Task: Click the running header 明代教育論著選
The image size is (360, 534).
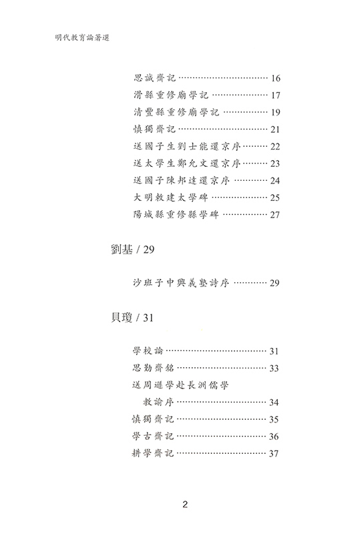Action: (x=81, y=38)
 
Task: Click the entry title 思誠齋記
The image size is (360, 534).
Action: (x=155, y=78)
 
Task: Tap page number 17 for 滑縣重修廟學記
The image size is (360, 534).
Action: (x=275, y=95)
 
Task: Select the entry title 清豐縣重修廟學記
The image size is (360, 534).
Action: (x=176, y=112)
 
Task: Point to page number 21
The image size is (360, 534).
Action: (x=275, y=129)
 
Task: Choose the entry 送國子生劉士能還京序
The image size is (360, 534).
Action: (x=187, y=146)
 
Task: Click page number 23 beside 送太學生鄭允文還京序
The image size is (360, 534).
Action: (x=275, y=164)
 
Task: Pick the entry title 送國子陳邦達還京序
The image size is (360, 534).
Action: (x=182, y=180)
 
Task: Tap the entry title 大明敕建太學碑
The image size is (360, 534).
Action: (x=171, y=198)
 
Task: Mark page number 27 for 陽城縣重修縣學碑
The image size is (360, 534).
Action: (x=275, y=215)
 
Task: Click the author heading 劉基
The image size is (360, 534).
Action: (x=122, y=250)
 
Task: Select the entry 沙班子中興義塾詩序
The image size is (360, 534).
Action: (x=181, y=282)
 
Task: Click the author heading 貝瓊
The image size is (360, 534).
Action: (x=122, y=318)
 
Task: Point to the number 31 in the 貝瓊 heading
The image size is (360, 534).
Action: (x=148, y=318)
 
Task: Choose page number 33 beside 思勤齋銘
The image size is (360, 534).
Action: (x=274, y=368)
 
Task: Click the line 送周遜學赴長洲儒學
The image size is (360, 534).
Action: (x=180, y=385)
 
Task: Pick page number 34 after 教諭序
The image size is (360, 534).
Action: (x=274, y=403)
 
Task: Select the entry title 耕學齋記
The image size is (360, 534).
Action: (x=153, y=453)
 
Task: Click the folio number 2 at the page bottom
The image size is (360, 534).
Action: (x=185, y=505)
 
